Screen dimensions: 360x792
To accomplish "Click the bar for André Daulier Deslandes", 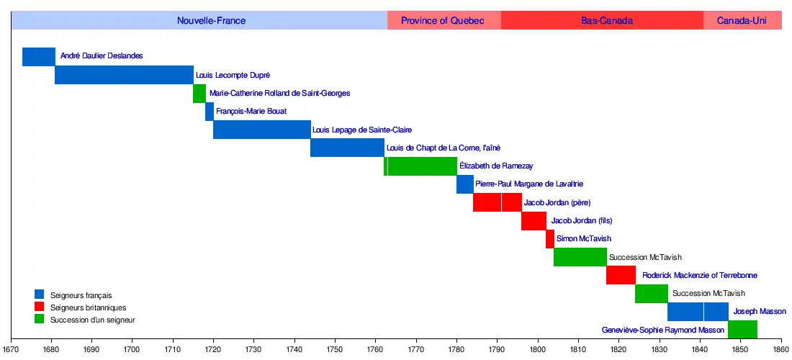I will [39, 56].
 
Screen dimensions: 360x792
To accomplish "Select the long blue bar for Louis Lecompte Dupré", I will [124, 75].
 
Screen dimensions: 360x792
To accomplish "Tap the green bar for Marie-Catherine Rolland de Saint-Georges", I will [199, 94].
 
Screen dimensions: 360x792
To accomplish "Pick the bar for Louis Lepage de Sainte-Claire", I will [262, 130].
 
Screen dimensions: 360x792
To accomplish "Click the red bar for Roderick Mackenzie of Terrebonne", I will [621, 275].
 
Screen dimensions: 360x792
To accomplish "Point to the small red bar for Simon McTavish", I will [550, 239].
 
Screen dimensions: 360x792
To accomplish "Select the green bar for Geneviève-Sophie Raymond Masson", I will [742, 330].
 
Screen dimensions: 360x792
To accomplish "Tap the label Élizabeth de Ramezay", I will [496, 166].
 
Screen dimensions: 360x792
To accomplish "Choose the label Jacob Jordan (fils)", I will [582, 221].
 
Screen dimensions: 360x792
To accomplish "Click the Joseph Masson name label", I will [760, 312].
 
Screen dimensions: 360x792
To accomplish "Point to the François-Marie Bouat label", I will [251, 112].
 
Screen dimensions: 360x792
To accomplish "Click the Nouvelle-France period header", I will [211, 21].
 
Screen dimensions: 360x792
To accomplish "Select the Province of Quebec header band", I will [443, 21].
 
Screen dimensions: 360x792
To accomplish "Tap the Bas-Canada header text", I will [607, 21].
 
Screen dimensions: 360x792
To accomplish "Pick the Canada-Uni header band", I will [742, 21].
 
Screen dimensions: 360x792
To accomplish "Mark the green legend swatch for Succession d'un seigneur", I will [40, 319].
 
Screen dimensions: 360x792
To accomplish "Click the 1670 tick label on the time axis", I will [11, 350].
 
